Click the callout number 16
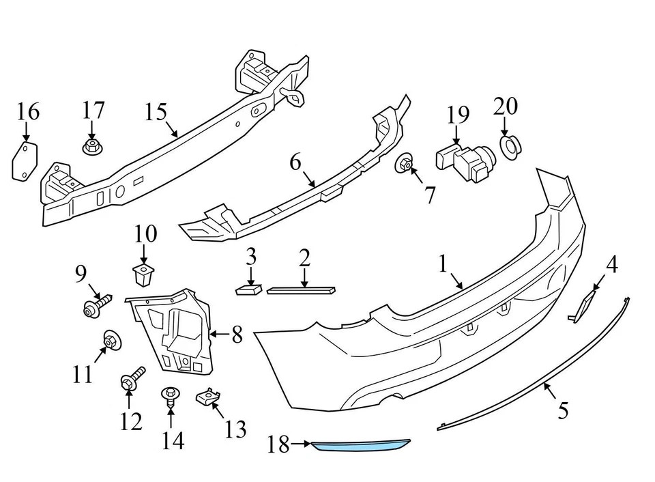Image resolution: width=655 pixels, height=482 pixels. click(28, 111)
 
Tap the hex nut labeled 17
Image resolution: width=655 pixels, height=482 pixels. click(91, 147)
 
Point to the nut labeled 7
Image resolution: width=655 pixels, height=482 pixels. click(405, 164)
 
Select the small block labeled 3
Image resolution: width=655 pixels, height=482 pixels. click(248, 289)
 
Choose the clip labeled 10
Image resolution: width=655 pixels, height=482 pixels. click(143, 276)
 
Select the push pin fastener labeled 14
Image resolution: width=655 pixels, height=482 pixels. click(170, 396)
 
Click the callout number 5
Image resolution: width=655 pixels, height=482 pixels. click(563, 410)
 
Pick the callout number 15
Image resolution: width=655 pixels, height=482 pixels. click(156, 111)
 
